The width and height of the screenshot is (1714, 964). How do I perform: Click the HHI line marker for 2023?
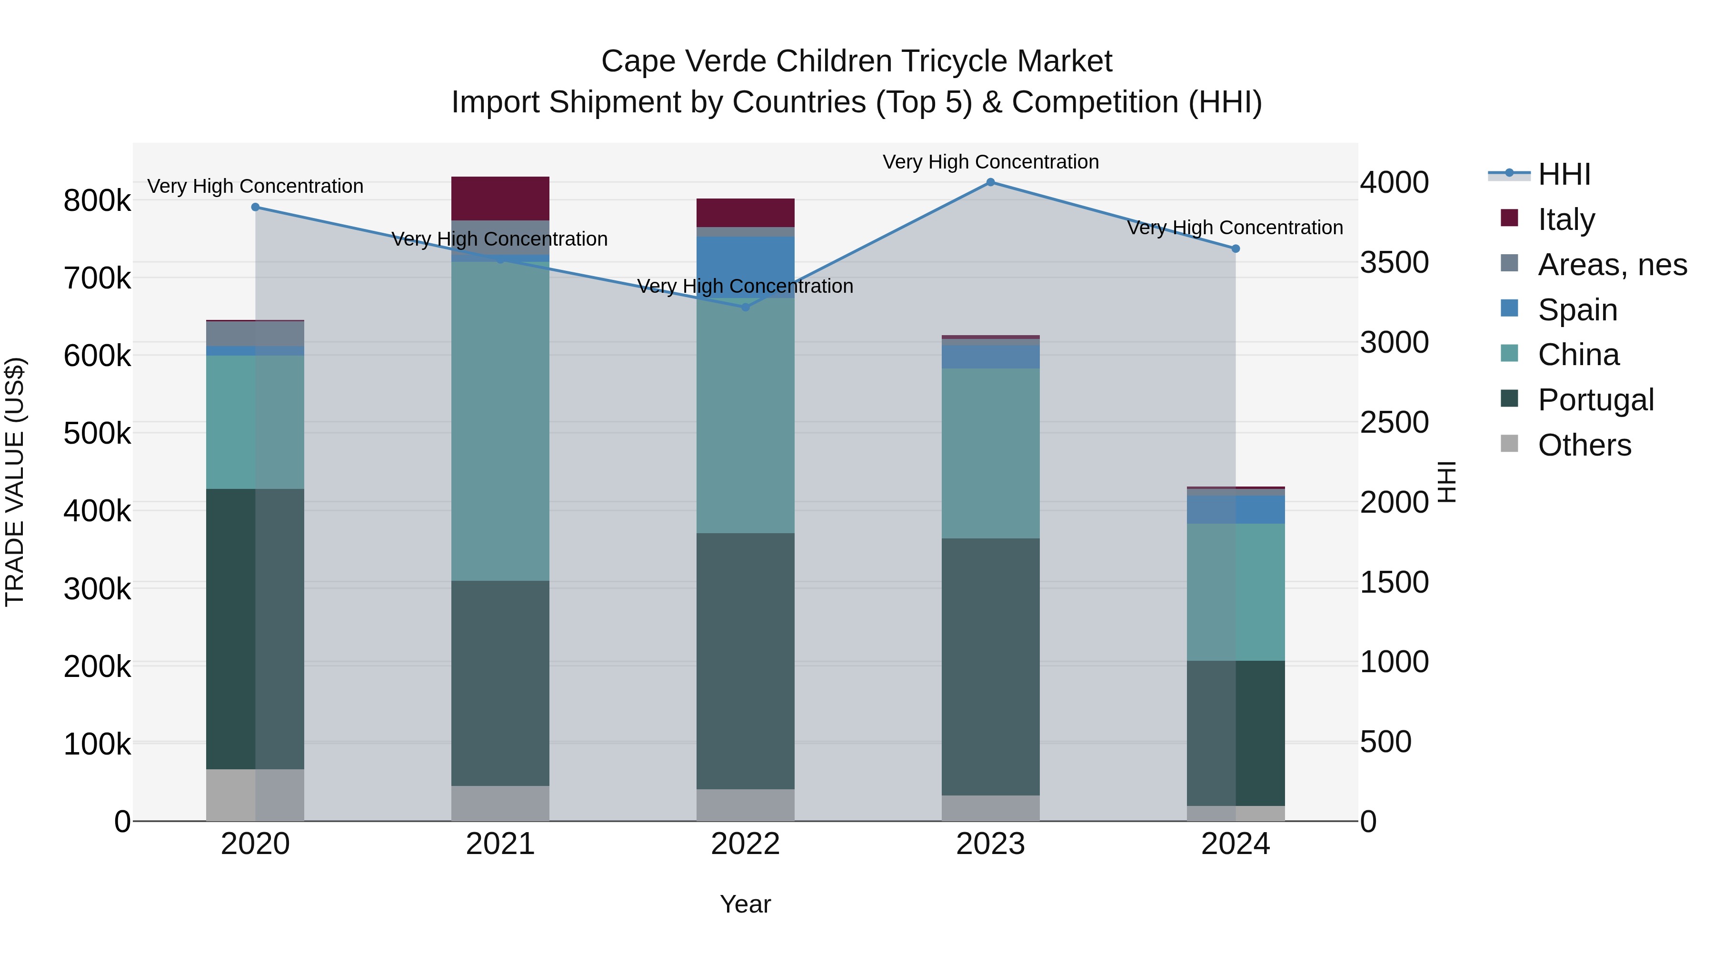tap(990, 182)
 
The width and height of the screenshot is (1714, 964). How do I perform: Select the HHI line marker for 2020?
tap(256, 208)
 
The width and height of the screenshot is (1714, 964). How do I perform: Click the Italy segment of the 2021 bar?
tap(500, 198)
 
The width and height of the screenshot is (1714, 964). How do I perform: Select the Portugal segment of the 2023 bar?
tap(990, 666)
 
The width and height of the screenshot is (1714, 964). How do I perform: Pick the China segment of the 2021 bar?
tap(500, 420)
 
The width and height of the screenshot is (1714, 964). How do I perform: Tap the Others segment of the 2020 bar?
tap(256, 795)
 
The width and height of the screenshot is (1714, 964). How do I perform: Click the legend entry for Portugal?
tap(1595, 400)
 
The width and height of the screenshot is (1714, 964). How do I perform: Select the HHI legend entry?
tap(1564, 174)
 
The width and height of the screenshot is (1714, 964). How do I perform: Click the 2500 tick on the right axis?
tap(1394, 422)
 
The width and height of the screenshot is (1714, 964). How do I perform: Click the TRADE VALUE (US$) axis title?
tap(15, 482)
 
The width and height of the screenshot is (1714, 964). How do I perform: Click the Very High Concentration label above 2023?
tap(990, 162)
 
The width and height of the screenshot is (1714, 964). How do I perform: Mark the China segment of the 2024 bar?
tap(1236, 592)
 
